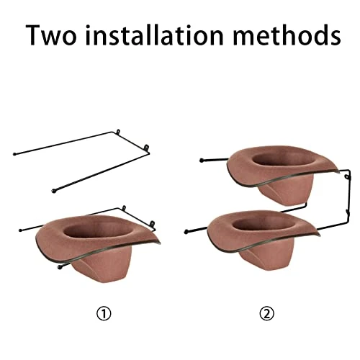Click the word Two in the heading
tap(51, 35)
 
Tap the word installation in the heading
tap(155, 35)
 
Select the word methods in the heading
tap(287, 35)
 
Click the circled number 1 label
tap(104, 314)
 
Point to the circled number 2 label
tap(266, 314)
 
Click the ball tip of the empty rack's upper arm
tap(14, 154)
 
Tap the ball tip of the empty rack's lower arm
tap(54, 191)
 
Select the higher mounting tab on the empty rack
tap(118, 132)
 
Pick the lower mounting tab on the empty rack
tap(146, 147)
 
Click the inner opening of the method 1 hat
tap(98, 231)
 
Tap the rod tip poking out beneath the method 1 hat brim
tap(60, 267)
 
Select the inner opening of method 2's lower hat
tap(264, 225)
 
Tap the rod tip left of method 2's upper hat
tap(202, 160)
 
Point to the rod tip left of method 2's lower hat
tap(186, 232)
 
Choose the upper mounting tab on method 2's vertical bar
tap(347, 177)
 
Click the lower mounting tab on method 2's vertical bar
tap(347, 212)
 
